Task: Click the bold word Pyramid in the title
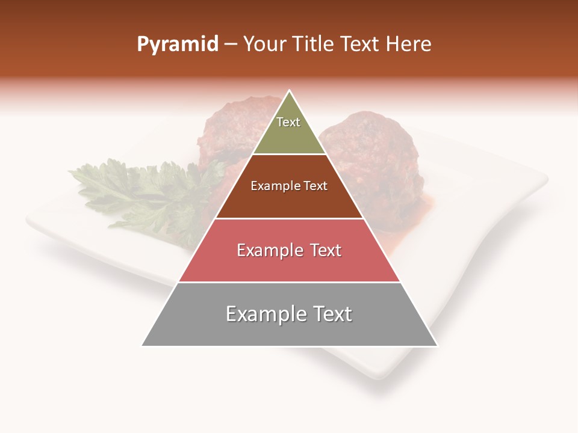click(177, 45)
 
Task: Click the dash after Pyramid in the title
click(230, 45)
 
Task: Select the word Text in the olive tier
click(288, 122)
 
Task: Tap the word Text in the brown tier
click(315, 186)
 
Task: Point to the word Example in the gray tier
click(264, 314)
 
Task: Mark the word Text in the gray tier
click(332, 314)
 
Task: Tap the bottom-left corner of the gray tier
click(142, 346)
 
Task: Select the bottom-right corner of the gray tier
click(437, 346)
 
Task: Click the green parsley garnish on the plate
click(144, 192)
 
